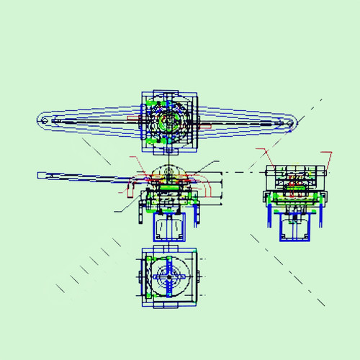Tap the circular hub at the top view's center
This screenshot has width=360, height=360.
(169, 121)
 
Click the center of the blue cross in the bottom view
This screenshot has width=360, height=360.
(169, 276)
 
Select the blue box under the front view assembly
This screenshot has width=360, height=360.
(168, 227)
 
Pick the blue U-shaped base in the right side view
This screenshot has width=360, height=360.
(296, 227)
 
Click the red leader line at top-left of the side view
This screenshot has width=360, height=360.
(265, 154)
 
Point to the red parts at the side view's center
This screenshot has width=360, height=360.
(295, 184)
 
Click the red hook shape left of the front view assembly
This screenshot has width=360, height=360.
(130, 190)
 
